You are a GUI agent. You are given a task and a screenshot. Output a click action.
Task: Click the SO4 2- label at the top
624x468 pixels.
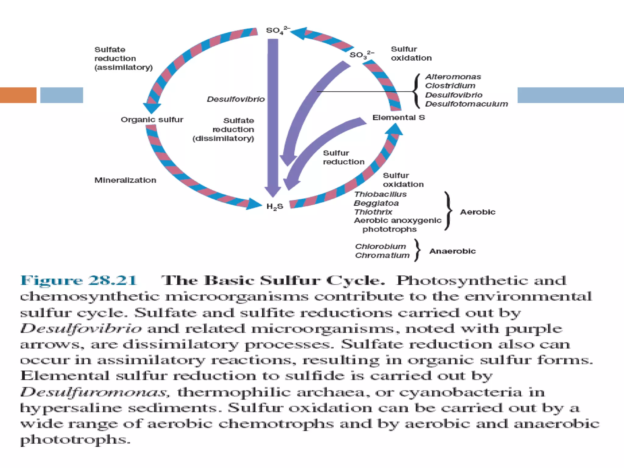[277, 30]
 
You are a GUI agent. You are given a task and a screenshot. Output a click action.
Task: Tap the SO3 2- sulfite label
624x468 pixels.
[361, 55]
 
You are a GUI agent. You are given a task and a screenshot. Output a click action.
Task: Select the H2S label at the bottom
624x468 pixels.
[275, 207]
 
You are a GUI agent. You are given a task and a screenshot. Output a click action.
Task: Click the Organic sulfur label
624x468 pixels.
[152, 119]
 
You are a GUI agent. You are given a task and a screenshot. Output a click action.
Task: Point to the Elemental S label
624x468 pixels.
[398, 118]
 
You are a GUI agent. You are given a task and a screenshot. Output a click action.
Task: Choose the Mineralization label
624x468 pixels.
[125, 180]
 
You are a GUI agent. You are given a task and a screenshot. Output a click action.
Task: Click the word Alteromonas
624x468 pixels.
[453, 77]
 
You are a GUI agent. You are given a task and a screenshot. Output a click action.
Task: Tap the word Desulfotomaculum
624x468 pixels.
[466, 104]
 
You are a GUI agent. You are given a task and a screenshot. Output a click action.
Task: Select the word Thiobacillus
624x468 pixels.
[380, 194]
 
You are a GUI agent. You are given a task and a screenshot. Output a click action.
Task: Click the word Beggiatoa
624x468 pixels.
[376, 203]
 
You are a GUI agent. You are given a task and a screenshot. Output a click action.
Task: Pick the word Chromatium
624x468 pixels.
[382, 255]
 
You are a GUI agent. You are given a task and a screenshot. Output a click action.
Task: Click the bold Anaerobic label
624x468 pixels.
[452, 251]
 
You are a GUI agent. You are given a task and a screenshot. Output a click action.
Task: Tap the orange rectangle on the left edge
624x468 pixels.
[18, 95]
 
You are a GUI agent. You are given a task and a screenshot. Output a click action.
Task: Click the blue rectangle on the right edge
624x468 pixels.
[570, 95]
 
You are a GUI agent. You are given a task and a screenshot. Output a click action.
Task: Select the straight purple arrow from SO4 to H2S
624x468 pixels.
[273, 116]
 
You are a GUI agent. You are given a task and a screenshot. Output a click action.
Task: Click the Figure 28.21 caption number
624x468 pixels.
[79, 280]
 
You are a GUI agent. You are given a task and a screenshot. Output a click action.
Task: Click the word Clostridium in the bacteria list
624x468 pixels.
[450, 86]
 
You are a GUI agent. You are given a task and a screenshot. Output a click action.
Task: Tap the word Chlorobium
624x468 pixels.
[380, 246]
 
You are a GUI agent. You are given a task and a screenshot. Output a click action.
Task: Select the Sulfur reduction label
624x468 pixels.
[343, 157]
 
